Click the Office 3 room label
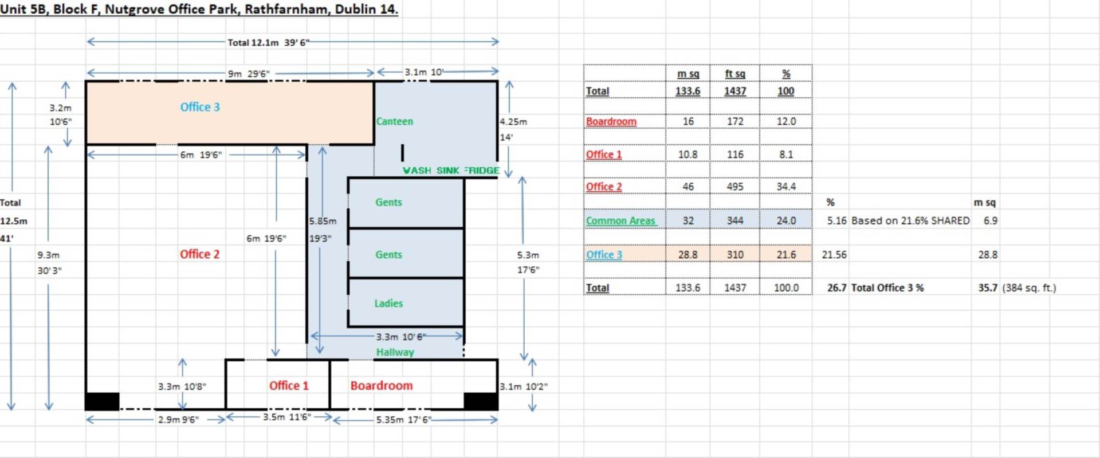(200, 107)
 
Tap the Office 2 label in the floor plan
(200, 254)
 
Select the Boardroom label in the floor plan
(382, 386)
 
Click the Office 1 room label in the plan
(289, 386)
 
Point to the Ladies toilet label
(388, 303)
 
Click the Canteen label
(395, 121)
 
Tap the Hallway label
(395, 352)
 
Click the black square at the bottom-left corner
(103, 401)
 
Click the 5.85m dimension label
(323, 221)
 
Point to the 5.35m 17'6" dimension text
(403, 420)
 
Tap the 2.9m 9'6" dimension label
(178, 420)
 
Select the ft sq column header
(735, 74)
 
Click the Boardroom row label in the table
(611, 121)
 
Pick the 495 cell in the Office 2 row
(735, 187)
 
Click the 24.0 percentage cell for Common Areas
(786, 220)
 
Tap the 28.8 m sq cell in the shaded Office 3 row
(688, 255)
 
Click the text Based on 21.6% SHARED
(910, 220)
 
